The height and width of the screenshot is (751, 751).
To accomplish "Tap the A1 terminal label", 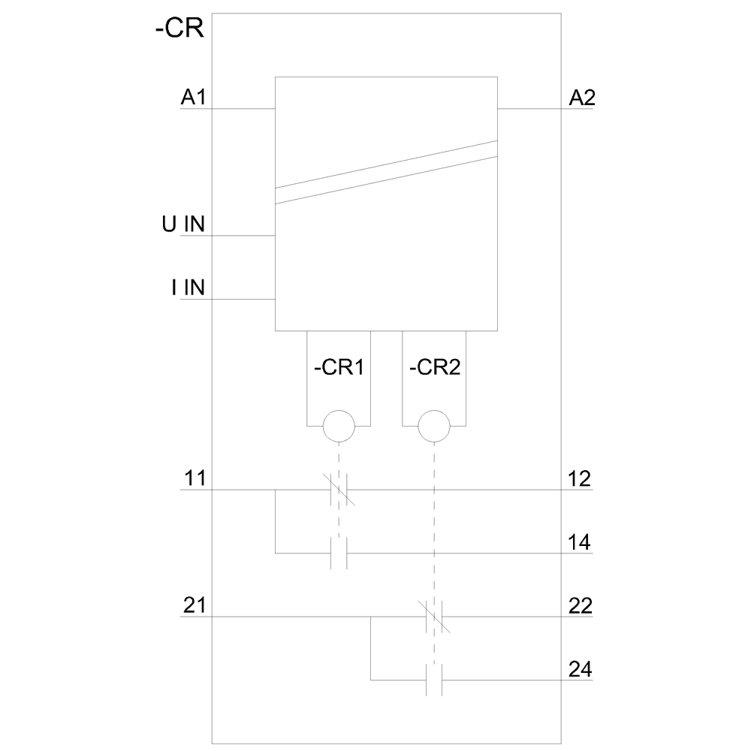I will (193, 97).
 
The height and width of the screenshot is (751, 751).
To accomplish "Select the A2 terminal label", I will (582, 97).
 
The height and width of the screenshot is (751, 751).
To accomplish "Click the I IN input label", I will (188, 288).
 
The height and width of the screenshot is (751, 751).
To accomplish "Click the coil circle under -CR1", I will (338, 427).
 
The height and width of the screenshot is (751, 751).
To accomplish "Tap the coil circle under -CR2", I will (434, 427).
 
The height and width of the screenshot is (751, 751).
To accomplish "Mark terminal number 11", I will (193, 478).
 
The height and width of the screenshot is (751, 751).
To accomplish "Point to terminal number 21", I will (193, 605).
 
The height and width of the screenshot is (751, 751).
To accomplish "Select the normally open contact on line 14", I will (339, 553).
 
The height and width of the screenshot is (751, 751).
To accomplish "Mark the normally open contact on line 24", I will (434, 680).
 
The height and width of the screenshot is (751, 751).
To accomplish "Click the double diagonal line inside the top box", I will (386, 172).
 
